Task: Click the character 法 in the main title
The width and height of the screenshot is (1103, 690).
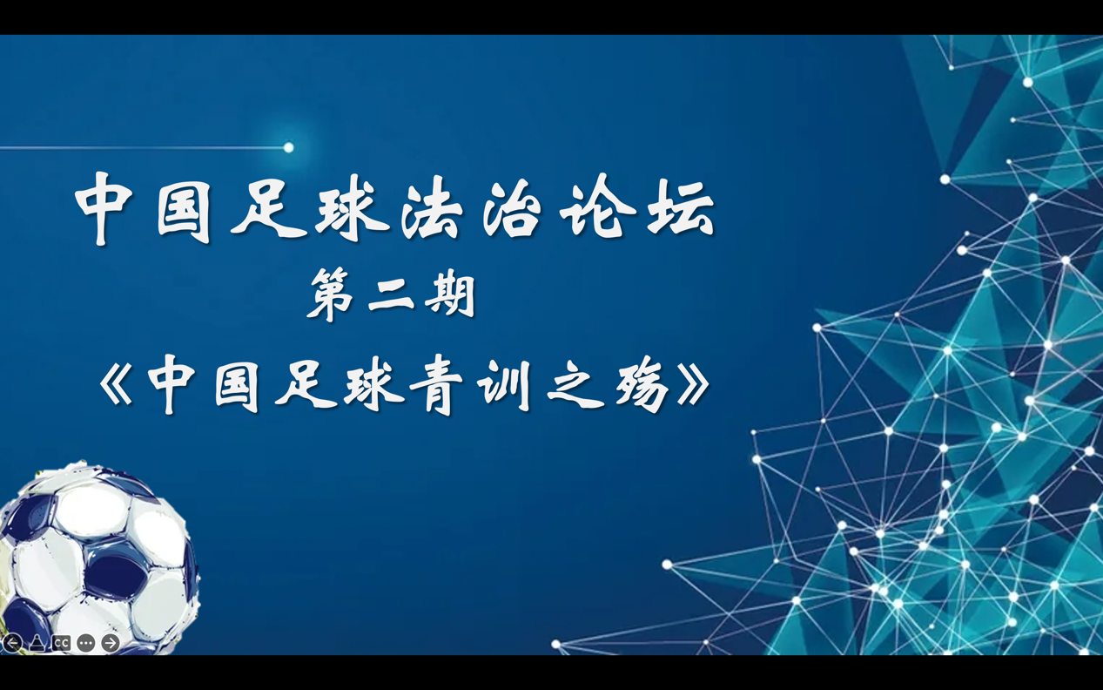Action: tap(432, 208)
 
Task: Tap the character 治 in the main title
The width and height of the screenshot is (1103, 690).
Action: tap(512, 208)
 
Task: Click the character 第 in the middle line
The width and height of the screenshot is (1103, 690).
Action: tap(331, 294)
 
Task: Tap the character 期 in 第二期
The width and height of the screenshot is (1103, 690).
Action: tap(450, 294)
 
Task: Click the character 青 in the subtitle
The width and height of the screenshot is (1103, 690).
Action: tap(436, 387)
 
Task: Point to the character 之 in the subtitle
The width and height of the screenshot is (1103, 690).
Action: tap(576, 387)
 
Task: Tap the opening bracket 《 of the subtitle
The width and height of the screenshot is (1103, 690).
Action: tap(116, 385)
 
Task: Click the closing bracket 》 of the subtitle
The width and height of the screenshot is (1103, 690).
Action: tap(693, 385)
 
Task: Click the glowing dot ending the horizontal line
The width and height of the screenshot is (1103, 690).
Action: tap(289, 147)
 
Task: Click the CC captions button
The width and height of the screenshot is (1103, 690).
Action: tap(62, 643)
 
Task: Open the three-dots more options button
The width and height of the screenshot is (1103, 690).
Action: tap(86, 643)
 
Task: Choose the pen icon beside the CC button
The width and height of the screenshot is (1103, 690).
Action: tap(37, 643)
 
